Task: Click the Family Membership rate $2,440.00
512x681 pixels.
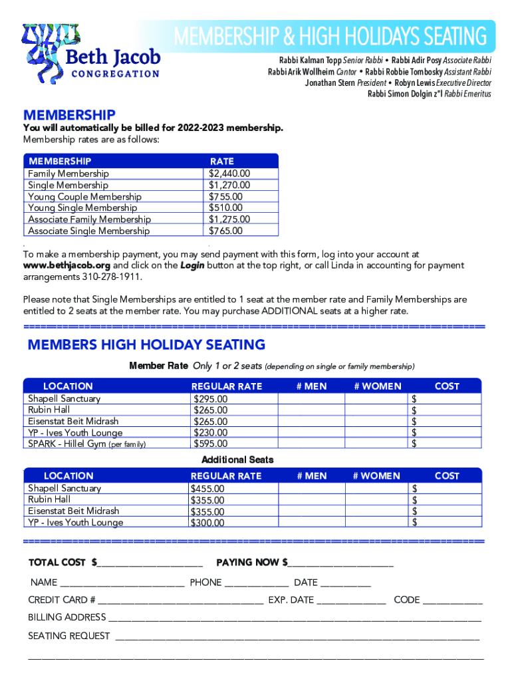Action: coord(229,174)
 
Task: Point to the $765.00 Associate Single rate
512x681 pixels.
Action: coord(225,231)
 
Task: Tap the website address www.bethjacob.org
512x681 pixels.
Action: coord(67,265)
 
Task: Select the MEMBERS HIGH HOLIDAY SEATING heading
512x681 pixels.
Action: coord(146,344)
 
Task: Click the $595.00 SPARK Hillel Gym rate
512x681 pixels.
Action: coord(210,444)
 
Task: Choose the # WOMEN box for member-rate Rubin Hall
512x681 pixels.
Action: coord(376,410)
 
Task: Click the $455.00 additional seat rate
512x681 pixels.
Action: coord(207,489)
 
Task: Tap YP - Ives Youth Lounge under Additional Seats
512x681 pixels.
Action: coord(75,522)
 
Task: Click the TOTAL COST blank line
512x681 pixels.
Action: coord(150,563)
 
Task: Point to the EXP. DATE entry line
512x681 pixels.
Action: coord(351,601)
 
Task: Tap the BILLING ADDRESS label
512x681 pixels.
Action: coord(66,618)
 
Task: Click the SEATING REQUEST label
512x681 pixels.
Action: coord(69,636)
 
